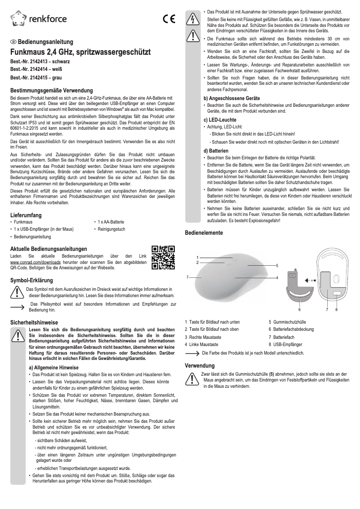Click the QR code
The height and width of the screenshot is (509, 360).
click(x=163, y=258)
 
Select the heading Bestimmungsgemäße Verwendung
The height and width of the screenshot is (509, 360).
click(x=51, y=90)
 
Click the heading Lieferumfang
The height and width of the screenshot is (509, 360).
click(x=26, y=215)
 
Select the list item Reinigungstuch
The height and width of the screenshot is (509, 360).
click(x=110, y=229)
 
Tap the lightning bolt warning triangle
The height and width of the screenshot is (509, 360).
click(x=192, y=18)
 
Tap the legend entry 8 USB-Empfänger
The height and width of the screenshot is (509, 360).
click(x=285, y=344)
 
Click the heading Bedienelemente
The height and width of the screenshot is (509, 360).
click(x=204, y=233)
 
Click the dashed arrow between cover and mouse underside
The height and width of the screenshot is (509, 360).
click(x=310, y=280)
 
